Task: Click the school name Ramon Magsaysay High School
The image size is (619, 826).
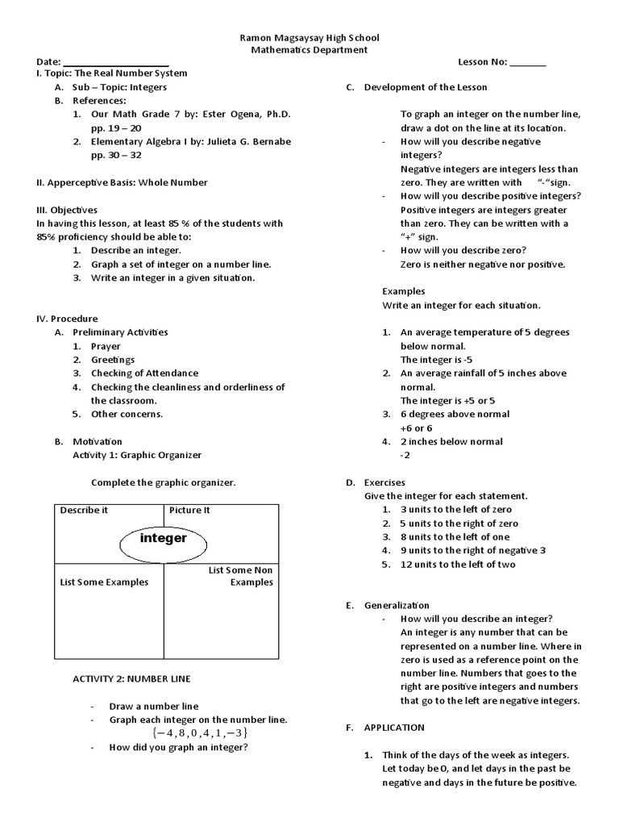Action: click(310, 38)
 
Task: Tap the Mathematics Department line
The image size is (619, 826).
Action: click(310, 50)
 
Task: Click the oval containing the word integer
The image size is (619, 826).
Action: click(164, 538)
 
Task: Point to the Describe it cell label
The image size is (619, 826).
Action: click(84, 511)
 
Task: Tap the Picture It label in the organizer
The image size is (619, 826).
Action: click(189, 511)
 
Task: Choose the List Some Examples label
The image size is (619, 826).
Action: click(105, 582)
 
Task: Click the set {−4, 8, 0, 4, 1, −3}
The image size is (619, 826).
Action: click(198, 733)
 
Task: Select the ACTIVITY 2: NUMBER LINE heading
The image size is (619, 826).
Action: click(132, 679)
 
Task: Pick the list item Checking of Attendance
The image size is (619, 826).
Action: click(144, 373)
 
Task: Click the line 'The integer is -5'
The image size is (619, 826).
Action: click(435, 360)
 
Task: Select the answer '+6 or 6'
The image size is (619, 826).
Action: click(416, 428)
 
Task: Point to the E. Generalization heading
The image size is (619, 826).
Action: click(388, 605)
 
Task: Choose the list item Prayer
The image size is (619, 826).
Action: click(106, 346)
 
